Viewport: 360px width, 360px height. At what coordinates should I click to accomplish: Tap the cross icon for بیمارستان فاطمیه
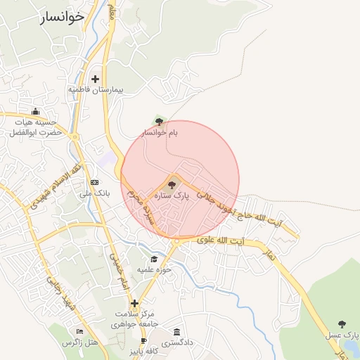(x=95, y=79)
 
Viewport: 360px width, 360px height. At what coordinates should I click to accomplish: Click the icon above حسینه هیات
(x=36, y=110)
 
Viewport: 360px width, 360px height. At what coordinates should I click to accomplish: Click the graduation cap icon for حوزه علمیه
(x=154, y=259)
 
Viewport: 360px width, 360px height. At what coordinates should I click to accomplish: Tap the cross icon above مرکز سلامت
(x=134, y=304)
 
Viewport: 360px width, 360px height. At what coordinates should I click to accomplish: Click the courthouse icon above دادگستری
(x=176, y=332)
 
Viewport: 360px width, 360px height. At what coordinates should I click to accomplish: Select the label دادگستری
(x=176, y=343)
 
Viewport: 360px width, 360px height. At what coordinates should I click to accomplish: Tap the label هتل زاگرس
(x=79, y=342)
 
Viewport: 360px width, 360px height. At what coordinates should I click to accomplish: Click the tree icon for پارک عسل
(x=342, y=324)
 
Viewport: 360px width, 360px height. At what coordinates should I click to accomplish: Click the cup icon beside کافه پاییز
(x=144, y=341)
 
